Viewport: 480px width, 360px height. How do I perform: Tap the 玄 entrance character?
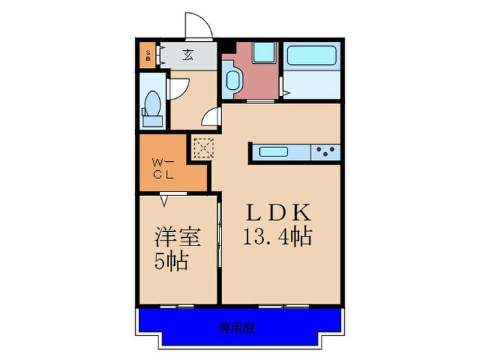[x=187, y=55]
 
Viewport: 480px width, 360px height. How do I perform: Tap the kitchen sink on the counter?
[x=278, y=152]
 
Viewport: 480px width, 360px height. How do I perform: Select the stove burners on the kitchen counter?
[x=326, y=152]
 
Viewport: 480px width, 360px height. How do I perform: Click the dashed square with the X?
[x=203, y=147]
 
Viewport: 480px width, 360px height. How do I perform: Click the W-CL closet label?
[x=164, y=168]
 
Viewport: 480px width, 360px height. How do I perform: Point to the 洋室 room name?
[x=177, y=237]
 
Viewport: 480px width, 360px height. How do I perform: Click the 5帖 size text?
[x=172, y=261]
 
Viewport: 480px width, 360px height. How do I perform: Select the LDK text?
[x=278, y=212]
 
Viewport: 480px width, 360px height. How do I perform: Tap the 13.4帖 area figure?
[x=278, y=237]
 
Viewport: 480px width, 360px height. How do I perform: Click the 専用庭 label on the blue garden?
[x=237, y=328]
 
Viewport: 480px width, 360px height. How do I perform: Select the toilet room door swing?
[x=178, y=88]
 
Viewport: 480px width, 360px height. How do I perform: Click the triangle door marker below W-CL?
[x=164, y=201]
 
